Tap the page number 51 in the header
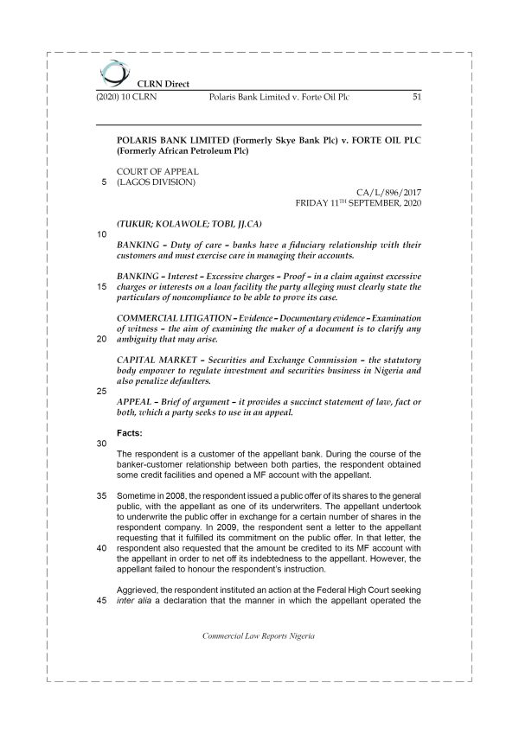click(x=415, y=98)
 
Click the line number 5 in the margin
click(x=104, y=182)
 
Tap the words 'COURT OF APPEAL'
click(x=157, y=171)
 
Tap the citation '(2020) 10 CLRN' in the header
click(x=127, y=98)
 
